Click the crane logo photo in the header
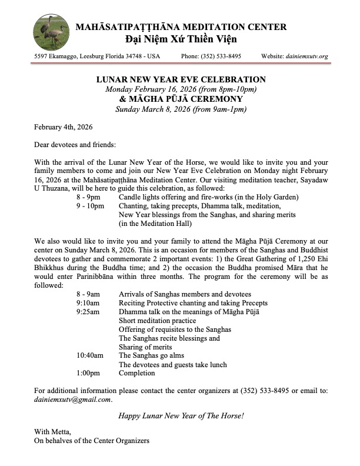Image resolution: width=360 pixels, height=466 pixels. click(52, 31)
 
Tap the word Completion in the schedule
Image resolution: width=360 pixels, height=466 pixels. click(137, 373)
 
